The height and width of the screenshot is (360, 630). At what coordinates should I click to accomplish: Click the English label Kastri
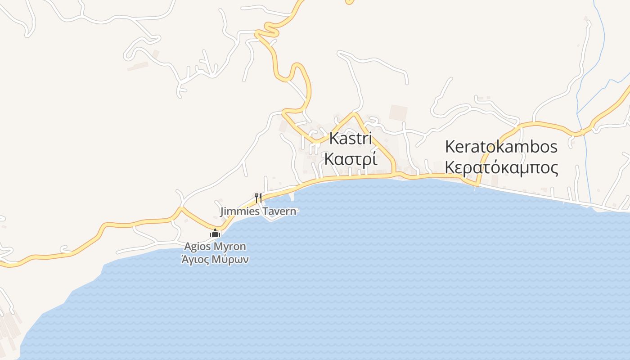(x=351, y=139)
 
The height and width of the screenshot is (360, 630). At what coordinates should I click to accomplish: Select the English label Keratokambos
(x=501, y=147)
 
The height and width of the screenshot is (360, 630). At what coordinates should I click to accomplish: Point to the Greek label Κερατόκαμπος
(x=501, y=168)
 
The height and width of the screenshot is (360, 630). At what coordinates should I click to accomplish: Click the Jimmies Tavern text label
(x=258, y=211)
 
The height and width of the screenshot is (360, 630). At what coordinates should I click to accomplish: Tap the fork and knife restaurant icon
(x=258, y=198)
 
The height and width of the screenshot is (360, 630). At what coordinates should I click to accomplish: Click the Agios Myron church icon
(x=215, y=233)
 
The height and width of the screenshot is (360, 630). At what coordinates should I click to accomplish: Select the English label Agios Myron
(x=215, y=247)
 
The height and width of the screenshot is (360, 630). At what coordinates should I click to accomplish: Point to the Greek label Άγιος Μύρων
(x=215, y=260)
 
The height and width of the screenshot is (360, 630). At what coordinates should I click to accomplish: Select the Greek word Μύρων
(x=232, y=260)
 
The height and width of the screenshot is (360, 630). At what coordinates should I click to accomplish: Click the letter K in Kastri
(x=334, y=139)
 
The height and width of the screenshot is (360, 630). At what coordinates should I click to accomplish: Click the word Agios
(x=198, y=247)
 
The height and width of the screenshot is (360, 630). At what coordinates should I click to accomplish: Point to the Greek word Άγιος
(x=196, y=260)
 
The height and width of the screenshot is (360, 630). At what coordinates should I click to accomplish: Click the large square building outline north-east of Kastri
(x=398, y=113)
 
